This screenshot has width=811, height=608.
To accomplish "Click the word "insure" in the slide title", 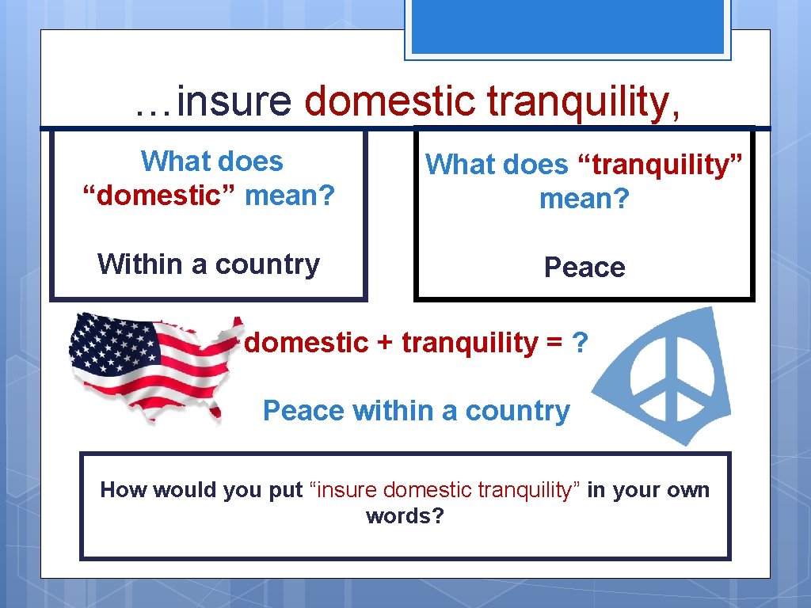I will click(234, 102).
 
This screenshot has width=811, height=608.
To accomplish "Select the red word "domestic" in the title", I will click(390, 102).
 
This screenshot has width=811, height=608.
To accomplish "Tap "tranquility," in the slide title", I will click(583, 102).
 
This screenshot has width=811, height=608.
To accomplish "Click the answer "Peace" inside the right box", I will click(584, 268).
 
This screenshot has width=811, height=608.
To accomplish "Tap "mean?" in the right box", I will click(584, 199).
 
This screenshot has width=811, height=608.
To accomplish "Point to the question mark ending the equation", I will click(580, 343).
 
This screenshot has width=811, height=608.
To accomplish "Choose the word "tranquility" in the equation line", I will click(470, 343).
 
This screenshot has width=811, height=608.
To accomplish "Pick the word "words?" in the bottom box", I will click(405, 516).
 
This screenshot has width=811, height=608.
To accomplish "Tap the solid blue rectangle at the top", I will click(567, 26).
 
